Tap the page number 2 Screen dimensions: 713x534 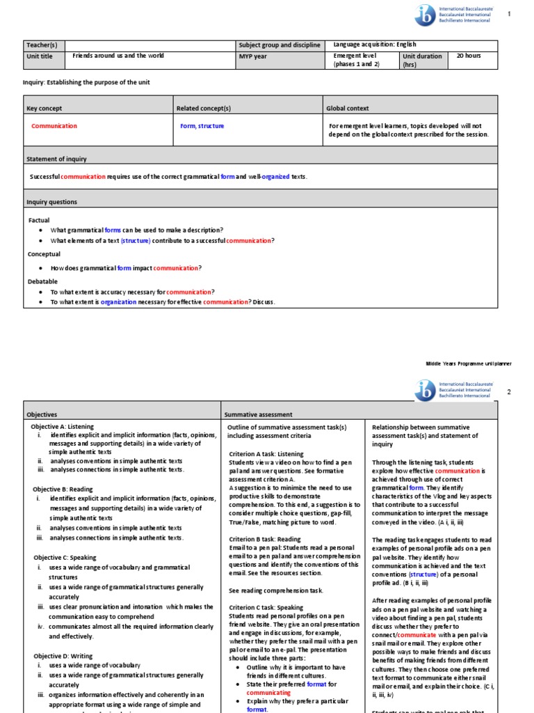[508, 392]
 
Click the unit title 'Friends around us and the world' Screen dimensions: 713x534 [118, 56]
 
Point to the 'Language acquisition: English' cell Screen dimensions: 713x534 [375, 45]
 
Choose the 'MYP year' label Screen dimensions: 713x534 [252, 56]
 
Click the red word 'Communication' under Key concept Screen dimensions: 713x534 [54, 126]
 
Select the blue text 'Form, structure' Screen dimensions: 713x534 [202, 126]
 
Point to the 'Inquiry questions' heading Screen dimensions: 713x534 [51, 202]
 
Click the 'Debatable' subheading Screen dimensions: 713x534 [42, 281]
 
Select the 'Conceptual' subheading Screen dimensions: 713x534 [44, 254]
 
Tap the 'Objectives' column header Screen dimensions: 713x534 [42, 414]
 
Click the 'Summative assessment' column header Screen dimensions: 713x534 [258, 414]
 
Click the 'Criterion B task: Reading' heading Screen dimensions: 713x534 [265, 539]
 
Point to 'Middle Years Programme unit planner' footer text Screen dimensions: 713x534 [468, 363]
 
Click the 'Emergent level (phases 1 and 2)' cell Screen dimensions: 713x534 [358, 60]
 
